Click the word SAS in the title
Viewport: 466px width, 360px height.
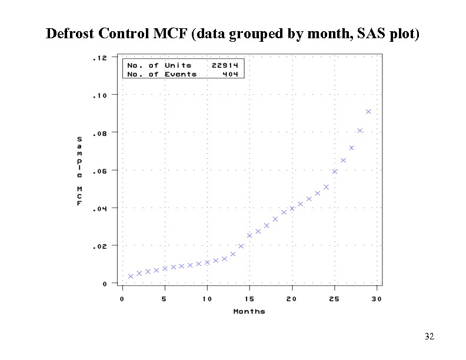370,33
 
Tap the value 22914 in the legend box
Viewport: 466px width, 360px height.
224,65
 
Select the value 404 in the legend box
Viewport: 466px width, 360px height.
229,74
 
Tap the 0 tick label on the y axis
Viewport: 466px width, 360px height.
105,284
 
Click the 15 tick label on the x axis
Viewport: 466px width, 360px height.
249,299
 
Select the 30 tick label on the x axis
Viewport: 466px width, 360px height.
377,299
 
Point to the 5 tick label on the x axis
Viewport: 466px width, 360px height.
165,299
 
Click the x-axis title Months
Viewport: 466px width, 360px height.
249,311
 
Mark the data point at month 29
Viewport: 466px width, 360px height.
368,111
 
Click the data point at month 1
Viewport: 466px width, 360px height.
131,276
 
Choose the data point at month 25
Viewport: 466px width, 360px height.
335,171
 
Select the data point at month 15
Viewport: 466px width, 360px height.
249,235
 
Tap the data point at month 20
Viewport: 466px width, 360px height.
292,208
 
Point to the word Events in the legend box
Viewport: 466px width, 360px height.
181,74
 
